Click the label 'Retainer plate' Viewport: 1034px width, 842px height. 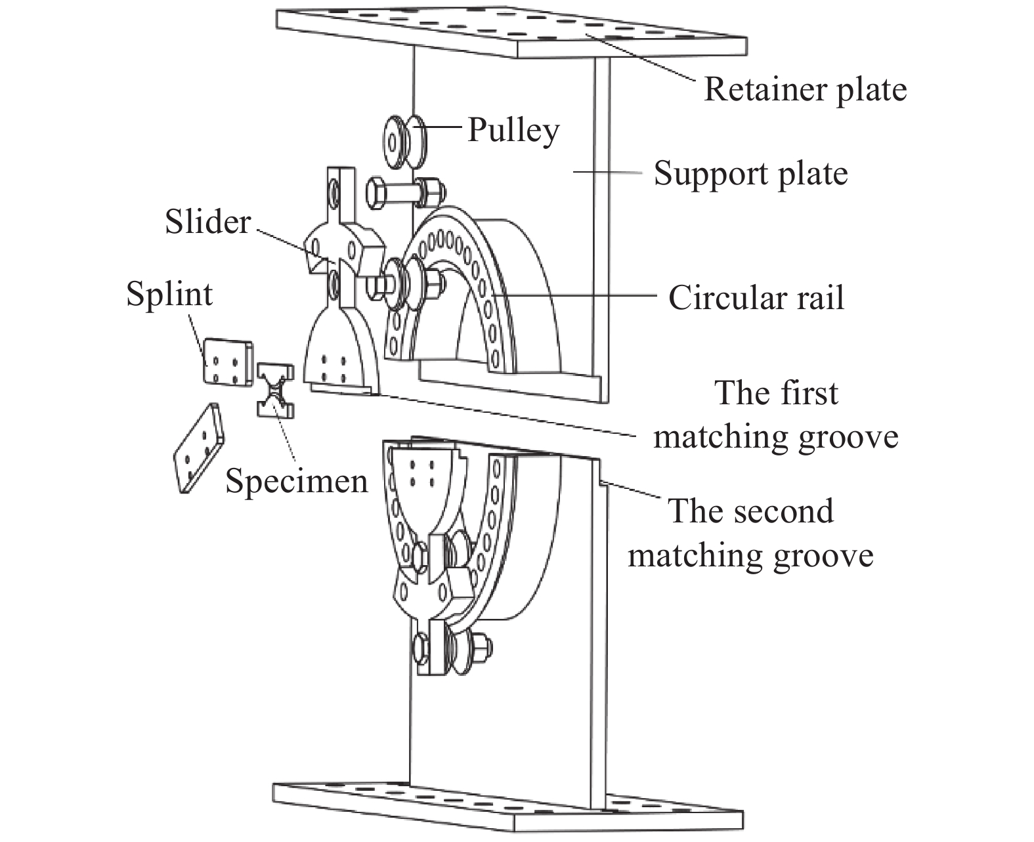pyautogui.click(x=805, y=89)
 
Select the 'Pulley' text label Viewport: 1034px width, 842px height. pyautogui.click(x=513, y=130)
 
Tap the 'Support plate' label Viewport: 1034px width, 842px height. pyautogui.click(x=750, y=174)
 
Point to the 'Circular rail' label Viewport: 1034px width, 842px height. pyautogui.click(x=756, y=298)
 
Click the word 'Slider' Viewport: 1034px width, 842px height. pyautogui.click(x=207, y=222)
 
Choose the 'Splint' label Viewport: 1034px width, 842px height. pyautogui.click(x=169, y=293)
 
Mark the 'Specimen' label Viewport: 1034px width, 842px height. pyautogui.click(x=296, y=481)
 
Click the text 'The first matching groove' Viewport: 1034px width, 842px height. pyautogui.click(x=776, y=415)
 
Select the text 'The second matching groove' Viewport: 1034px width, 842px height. pyautogui.click(x=750, y=533)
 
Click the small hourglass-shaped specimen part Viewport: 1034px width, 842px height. pyautogui.click(x=274, y=390)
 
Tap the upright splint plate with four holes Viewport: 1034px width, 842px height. pyautogui.click(x=226, y=361)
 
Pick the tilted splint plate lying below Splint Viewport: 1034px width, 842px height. pyautogui.click(x=198, y=447)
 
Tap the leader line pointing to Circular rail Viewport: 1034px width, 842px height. pyautogui.click(x=578, y=297)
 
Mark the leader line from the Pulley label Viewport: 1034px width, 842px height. pyautogui.click(x=444, y=129)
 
